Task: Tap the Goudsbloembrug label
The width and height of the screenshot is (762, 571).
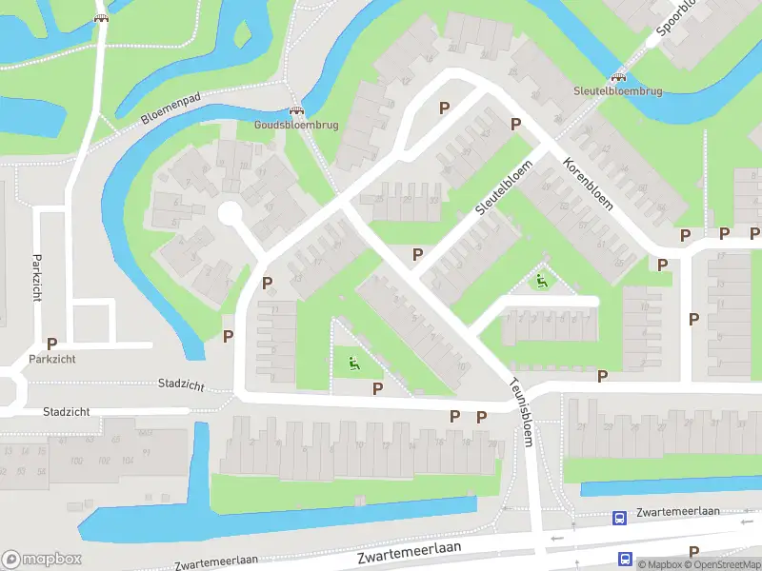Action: (296, 125)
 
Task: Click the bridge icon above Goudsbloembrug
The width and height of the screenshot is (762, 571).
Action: (296, 110)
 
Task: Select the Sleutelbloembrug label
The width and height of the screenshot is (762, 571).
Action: (617, 91)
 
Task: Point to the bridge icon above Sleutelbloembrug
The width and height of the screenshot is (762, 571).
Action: (618, 77)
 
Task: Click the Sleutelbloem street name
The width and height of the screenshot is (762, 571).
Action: (502, 187)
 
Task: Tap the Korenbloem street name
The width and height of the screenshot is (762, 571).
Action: (587, 184)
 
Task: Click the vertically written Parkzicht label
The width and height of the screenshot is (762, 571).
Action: (36, 277)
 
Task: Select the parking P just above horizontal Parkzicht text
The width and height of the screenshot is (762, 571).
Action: (51, 344)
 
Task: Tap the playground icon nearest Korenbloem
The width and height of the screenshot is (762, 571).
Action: (541, 281)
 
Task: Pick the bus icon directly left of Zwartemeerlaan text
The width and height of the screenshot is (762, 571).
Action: (619, 518)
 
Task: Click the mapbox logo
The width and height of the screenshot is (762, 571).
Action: (42, 560)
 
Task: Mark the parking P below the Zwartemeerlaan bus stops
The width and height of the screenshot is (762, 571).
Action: (693, 552)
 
